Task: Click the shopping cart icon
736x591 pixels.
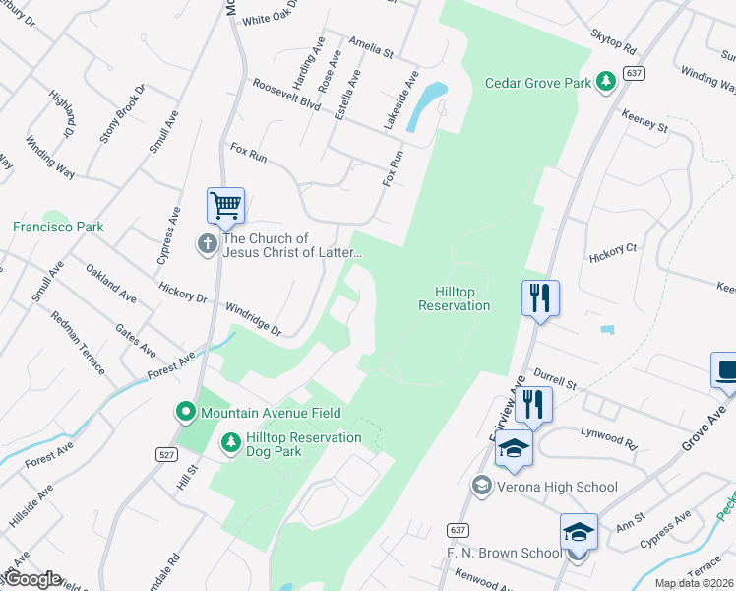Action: [x=225, y=206]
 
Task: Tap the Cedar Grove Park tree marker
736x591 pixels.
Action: [x=607, y=82]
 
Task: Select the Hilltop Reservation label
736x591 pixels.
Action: [x=454, y=298]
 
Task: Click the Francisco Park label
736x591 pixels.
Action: [x=58, y=227]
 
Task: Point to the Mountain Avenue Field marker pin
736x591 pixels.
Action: [x=184, y=413]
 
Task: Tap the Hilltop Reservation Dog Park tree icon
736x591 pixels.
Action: [x=230, y=444]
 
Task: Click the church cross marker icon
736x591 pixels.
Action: [x=207, y=243]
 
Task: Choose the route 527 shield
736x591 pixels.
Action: [x=165, y=454]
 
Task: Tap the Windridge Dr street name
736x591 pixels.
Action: [x=253, y=319]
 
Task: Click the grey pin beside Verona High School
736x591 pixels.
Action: [x=481, y=486]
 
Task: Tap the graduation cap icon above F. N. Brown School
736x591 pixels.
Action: [x=579, y=532]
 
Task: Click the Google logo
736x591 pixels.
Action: [x=31, y=578]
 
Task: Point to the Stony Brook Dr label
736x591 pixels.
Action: [x=123, y=114]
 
